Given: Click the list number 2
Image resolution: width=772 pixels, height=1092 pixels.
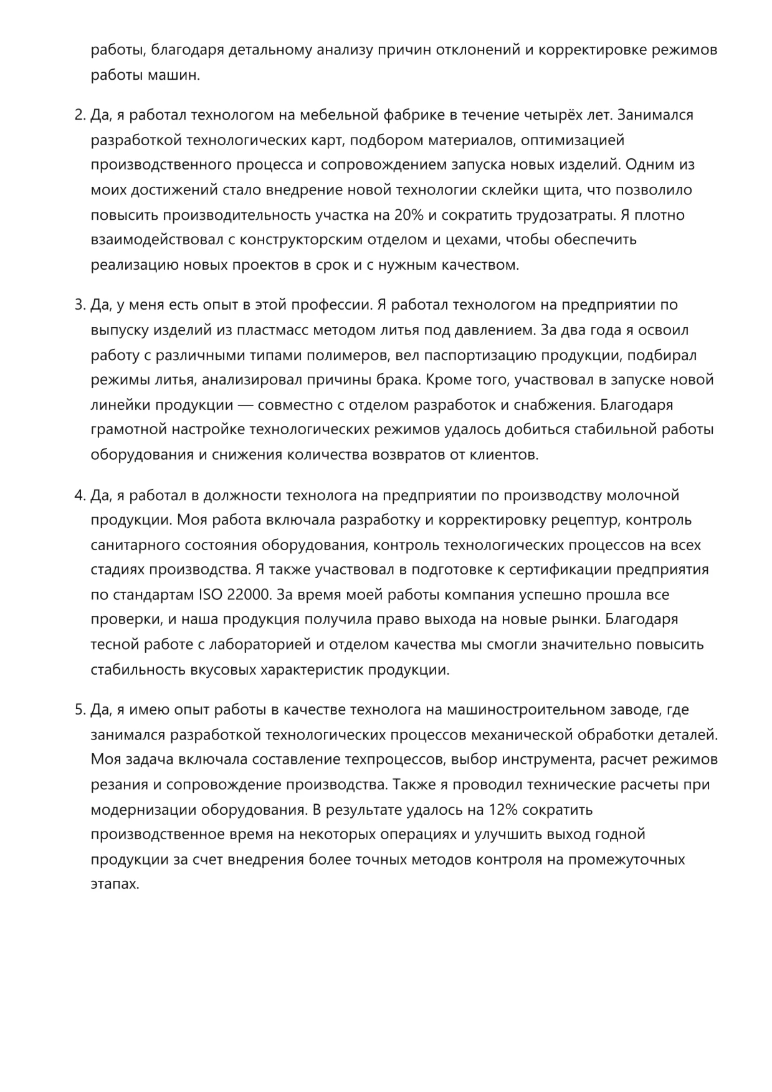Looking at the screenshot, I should [x=79, y=115].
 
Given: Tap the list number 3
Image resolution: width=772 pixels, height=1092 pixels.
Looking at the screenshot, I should [x=79, y=305].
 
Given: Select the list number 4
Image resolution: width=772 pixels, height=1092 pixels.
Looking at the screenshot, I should [x=79, y=495].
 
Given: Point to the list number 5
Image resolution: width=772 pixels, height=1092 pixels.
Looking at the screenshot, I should [x=79, y=710].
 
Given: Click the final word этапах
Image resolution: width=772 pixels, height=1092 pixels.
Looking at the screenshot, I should [x=115, y=885].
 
